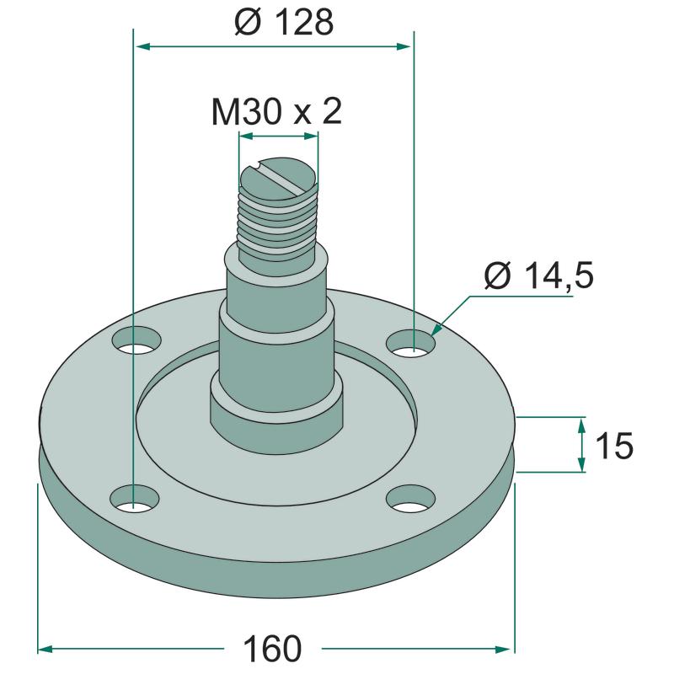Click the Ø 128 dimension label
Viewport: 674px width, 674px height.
coord(284,22)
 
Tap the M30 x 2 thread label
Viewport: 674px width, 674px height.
coord(276,112)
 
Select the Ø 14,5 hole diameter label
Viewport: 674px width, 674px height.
coord(539,275)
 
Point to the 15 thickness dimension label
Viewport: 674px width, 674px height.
coord(615,446)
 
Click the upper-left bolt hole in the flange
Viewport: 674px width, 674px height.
coord(136,340)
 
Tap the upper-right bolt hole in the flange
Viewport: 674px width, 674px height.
coord(411,343)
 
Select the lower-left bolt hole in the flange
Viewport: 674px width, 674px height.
coord(135,498)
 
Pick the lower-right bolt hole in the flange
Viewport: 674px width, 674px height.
coord(411,499)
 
